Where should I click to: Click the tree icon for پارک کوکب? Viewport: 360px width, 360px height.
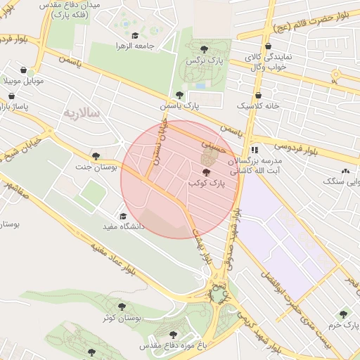tap(206, 172)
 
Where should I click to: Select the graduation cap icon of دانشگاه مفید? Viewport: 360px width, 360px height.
tap(124, 216)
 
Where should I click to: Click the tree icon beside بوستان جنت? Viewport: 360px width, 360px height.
tap(96, 156)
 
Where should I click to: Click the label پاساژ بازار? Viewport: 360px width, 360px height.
tap(15, 106)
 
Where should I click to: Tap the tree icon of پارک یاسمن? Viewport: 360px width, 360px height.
tap(180, 95)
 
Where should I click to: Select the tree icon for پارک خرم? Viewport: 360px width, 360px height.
tap(343, 314)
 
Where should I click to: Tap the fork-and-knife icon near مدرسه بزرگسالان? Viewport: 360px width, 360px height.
tap(255, 150)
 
